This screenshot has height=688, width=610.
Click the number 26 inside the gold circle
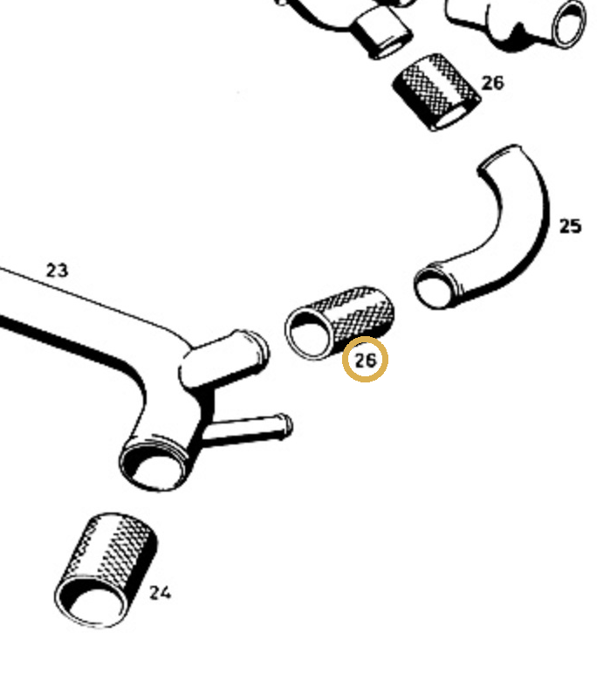pos(366,361)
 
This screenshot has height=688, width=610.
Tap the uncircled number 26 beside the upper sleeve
pos(492,83)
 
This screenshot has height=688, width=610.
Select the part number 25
pos(570,226)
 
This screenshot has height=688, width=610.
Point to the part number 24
pos(160,593)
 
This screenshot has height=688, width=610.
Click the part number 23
pos(57,271)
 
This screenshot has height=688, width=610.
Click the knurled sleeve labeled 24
pos(106,570)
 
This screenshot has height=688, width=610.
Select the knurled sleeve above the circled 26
pos(339,323)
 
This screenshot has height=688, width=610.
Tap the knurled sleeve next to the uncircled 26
pos(437,93)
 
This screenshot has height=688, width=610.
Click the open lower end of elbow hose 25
pos(433,288)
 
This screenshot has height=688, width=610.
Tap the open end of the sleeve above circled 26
pos(308,334)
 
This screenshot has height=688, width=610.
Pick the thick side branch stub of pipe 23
pos(223,359)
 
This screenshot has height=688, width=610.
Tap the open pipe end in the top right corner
pos(570,24)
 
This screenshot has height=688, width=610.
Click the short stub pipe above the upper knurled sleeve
pos(382,34)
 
